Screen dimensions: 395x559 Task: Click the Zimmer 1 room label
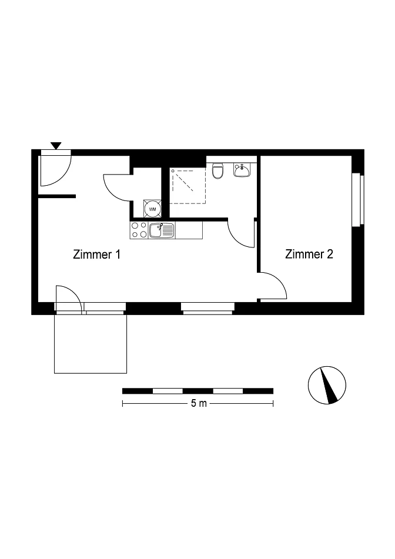click(x=96, y=255)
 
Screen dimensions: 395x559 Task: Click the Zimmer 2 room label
click(x=309, y=254)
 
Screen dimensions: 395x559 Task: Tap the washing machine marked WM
click(x=153, y=209)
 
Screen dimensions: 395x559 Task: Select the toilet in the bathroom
click(x=217, y=171)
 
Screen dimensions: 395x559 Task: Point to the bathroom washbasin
click(x=242, y=170)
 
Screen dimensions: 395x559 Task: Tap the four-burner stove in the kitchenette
click(x=139, y=230)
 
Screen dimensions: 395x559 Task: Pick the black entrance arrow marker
click(x=56, y=145)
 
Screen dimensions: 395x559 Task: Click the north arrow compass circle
click(x=327, y=385)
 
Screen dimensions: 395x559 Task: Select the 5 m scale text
click(x=199, y=404)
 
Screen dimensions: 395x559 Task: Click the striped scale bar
click(x=198, y=391)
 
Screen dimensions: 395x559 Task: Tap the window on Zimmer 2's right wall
click(x=358, y=200)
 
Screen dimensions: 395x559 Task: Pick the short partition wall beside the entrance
click(x=56, y=196)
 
